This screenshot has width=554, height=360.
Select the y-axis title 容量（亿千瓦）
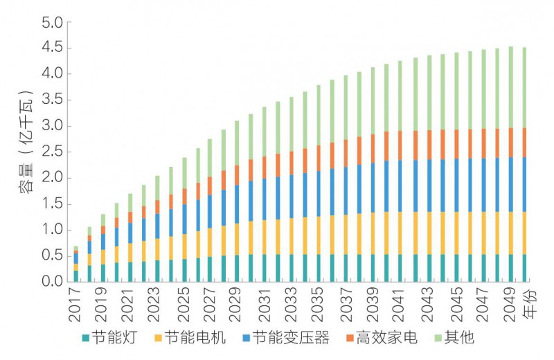tap(26, 152)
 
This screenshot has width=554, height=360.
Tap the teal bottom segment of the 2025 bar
tap(184, 271)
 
